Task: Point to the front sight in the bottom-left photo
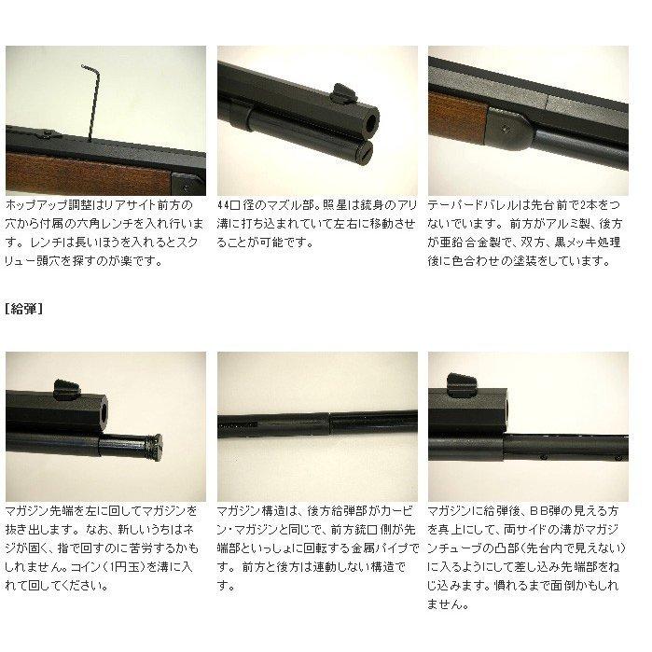(x=65, y=383)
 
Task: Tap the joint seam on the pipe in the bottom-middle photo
(x=329, y=423)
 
